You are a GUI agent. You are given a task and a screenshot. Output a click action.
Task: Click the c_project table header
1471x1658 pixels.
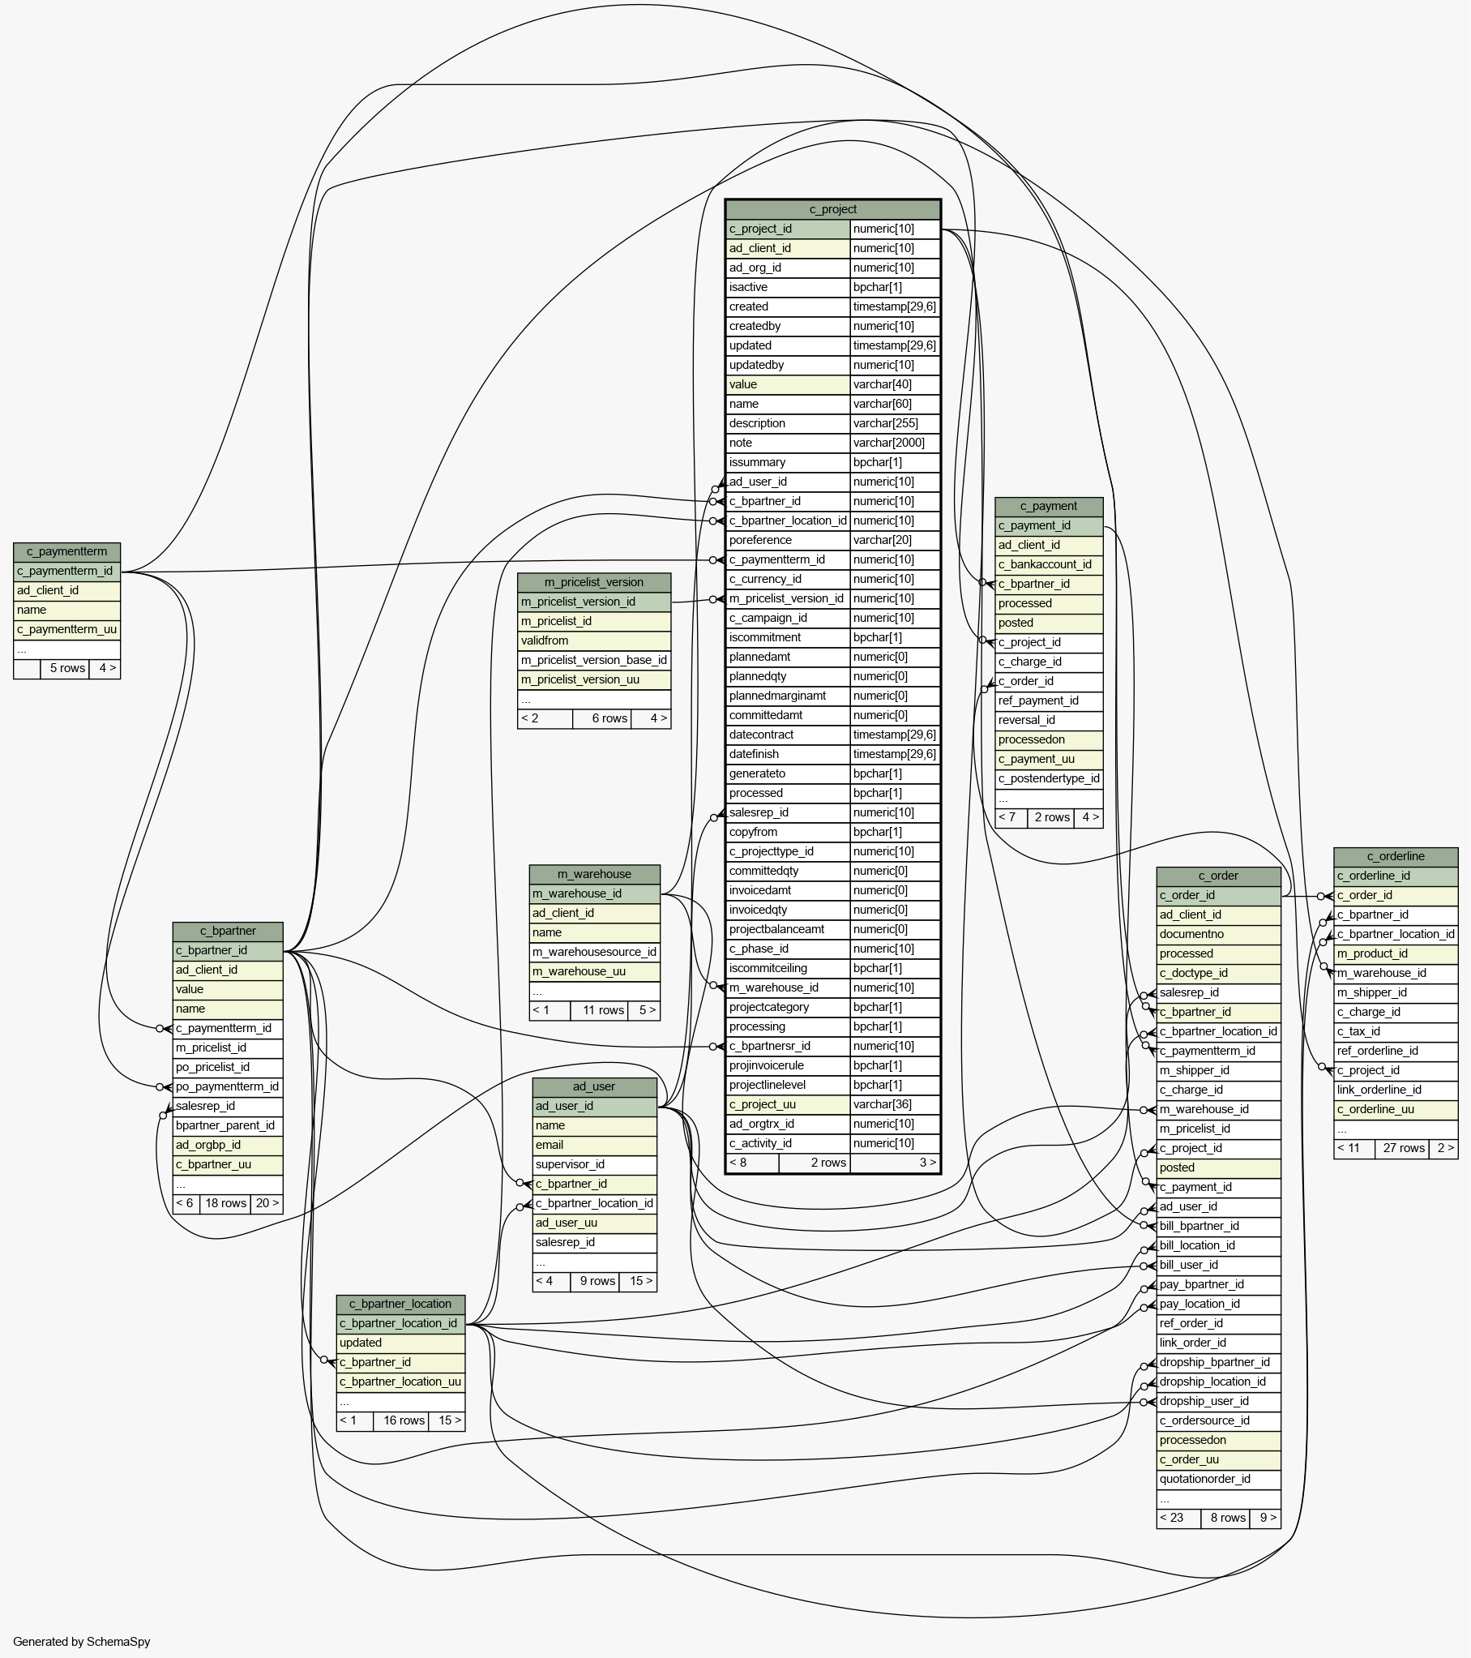click(833, 209)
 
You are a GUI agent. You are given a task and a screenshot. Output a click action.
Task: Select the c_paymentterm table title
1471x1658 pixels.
click(66, 551)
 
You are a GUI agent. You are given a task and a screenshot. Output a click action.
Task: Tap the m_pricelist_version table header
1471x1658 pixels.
click(593, 582)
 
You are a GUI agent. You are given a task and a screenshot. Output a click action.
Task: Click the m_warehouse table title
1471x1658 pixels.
click(594, 874)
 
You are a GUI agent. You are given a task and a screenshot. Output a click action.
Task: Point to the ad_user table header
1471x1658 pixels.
click(594, 1086)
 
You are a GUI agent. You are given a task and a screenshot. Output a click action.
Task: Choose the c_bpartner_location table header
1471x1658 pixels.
click(400, 1304)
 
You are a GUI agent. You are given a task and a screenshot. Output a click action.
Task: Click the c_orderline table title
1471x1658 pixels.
click(1396, 856)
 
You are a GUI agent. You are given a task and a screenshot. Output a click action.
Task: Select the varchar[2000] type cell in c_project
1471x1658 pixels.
click(896, 443)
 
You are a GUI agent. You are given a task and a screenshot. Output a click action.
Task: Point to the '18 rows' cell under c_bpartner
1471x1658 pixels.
click(225, 1203)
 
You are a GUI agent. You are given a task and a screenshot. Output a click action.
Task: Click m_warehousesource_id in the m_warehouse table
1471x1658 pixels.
click(594, 952)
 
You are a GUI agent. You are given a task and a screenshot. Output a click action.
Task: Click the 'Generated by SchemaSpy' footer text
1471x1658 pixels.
click(82, 1641)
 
